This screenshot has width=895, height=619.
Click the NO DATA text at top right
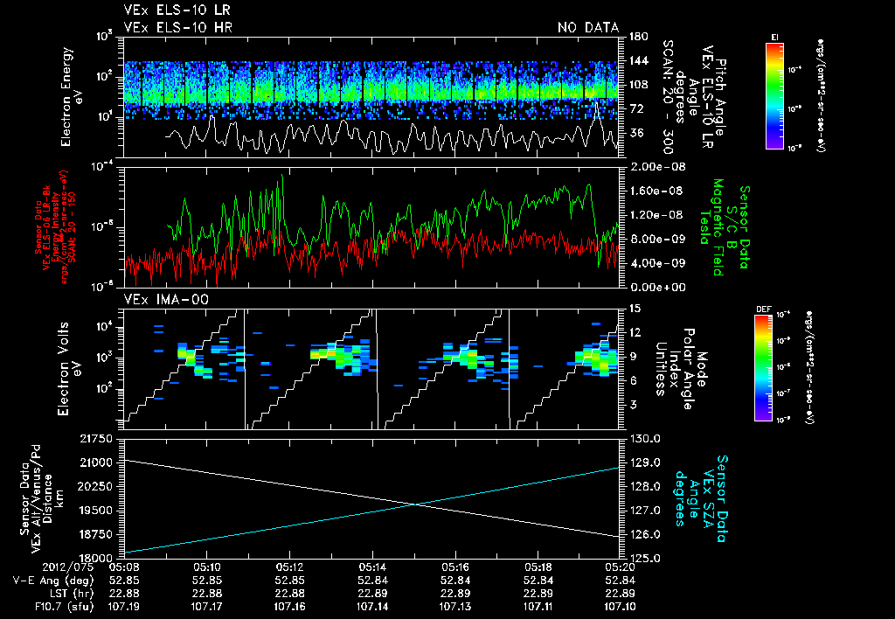point(588,28)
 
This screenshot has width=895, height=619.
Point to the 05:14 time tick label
point(373,566)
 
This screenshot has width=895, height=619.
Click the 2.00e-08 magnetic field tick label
point(651,166)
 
